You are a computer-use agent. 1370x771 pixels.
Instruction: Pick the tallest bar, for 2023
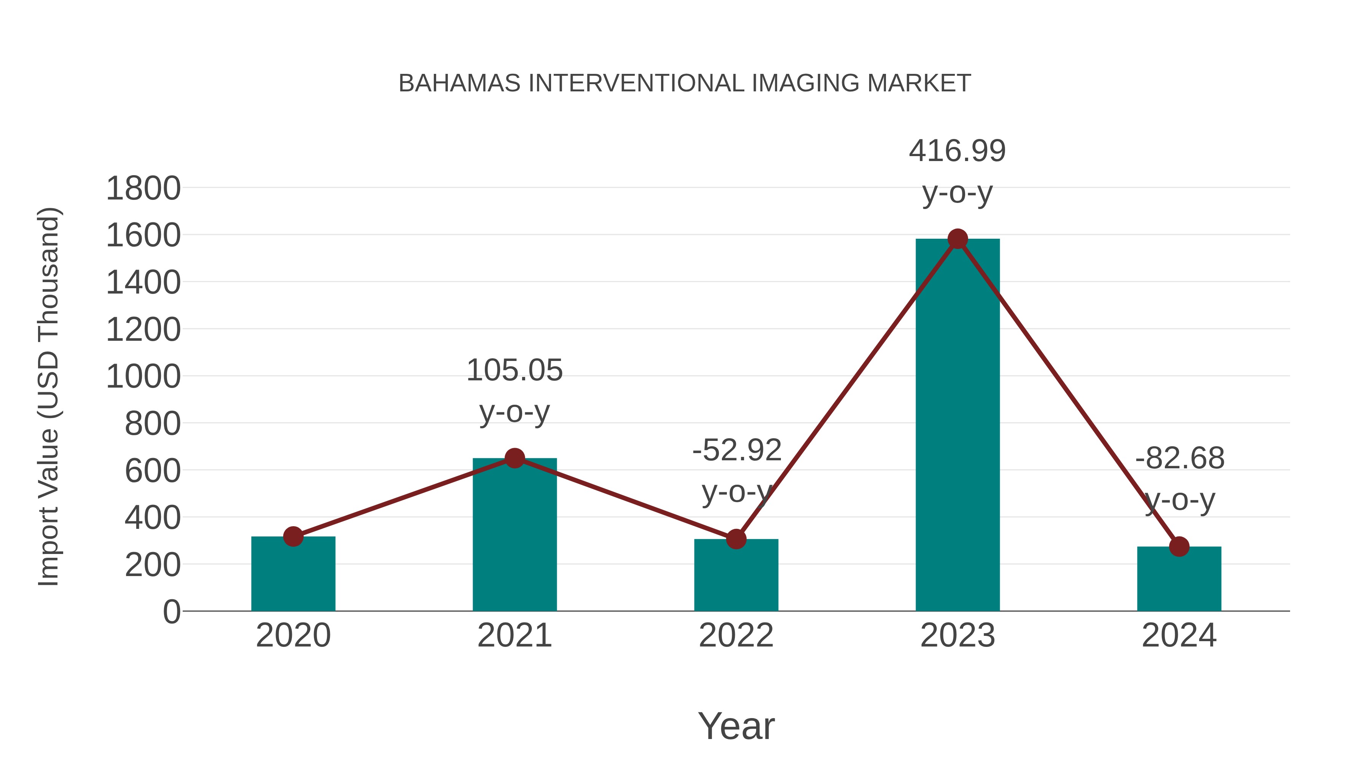[957, 426]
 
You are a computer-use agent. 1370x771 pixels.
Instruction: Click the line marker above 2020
[293, 536]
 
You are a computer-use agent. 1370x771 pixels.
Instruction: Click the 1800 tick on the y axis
[143, 188]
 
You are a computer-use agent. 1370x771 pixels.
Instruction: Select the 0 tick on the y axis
[171, 611]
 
